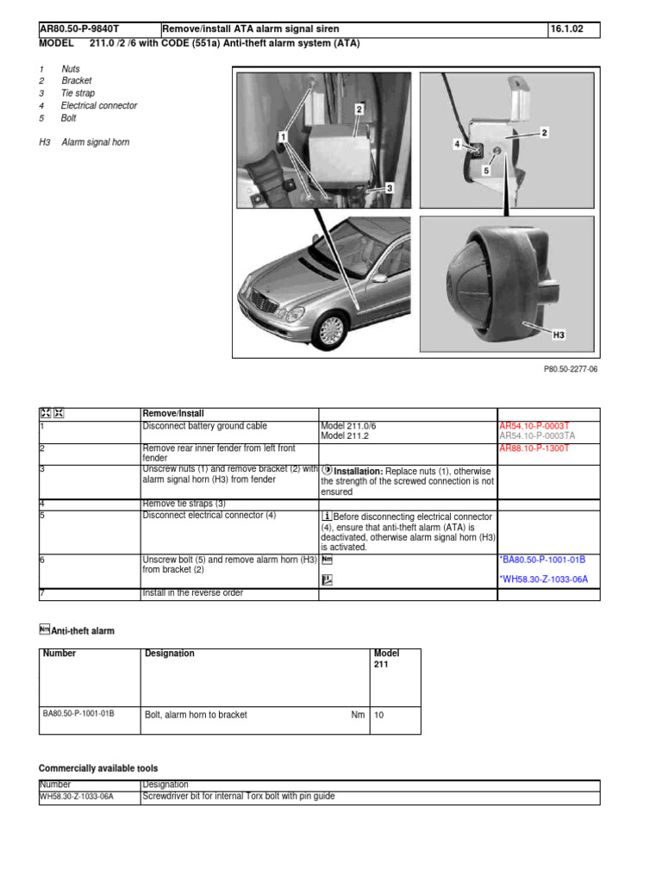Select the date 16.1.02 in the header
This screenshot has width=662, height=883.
pos(566,30)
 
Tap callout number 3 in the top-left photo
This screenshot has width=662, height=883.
pos(390,187)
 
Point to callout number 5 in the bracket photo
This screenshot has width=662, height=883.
pos(485,171)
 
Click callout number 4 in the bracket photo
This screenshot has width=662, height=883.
pos(457,145)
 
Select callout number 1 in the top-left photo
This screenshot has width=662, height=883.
pos(282,136)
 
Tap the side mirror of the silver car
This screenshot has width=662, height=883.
pos(378,279)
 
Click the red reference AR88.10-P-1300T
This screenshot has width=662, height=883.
pos(534,448)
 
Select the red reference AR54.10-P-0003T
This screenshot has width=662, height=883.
pos(534,426)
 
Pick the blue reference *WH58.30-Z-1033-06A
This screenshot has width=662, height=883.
pos(543,579)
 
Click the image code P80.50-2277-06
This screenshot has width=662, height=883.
pos(570,368)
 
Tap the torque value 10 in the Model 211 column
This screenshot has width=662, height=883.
pos(379,715)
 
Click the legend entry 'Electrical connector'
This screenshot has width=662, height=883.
pos(98,106)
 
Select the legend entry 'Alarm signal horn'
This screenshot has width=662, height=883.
pos(95,142)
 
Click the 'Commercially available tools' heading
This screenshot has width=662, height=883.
pos(98,768)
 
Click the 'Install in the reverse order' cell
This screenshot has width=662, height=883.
pos(192,593)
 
